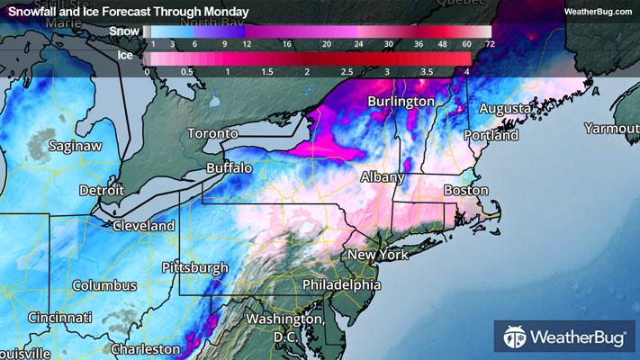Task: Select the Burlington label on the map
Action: point(401,102)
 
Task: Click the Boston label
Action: point(465,191)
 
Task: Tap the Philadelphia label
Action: point(340,285)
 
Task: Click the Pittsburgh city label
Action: point(198,268)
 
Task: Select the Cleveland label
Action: point(143,225)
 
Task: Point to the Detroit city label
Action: point(102,191)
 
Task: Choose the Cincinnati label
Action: point(59,319)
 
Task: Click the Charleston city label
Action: point(145,348)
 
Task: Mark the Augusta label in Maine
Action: point(505,109)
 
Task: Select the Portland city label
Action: point(491,135)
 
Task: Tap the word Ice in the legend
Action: point(129,55)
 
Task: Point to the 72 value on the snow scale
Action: point(489,43)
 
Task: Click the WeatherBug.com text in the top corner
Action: point(598,12)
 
